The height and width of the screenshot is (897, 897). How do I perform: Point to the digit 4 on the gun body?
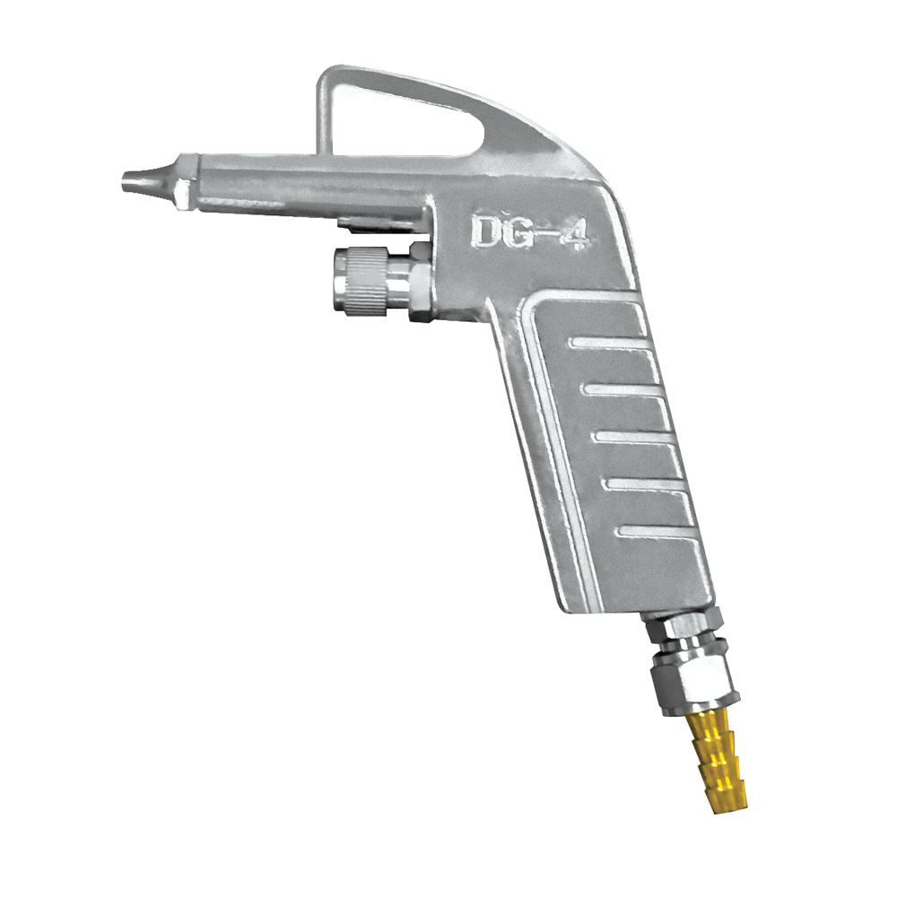(x=573, y=235)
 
